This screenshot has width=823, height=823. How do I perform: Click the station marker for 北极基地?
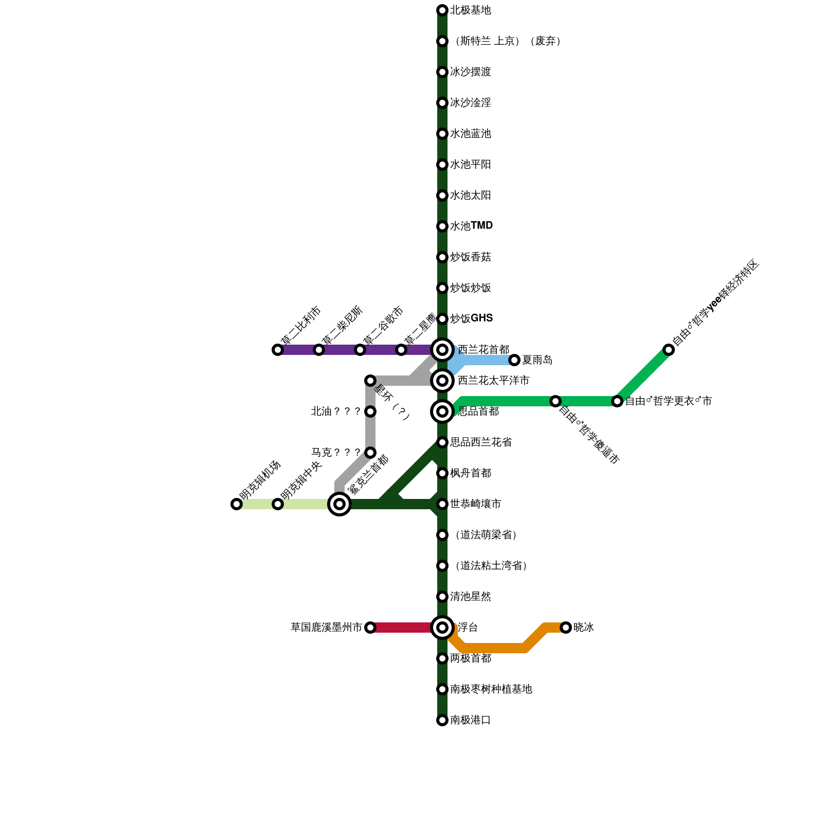click(442, 10)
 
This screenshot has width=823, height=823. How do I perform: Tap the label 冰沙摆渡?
click(470, 72)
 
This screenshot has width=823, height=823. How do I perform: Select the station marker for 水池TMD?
click(442, 226)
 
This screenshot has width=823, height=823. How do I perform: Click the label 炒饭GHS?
click(471, 318)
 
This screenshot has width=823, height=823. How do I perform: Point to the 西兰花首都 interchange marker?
click(442, 350)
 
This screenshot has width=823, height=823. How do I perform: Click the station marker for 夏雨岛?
click(514, 360)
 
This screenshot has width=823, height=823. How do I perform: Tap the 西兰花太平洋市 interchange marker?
click(442, 381)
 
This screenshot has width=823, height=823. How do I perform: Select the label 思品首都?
click(478, 411)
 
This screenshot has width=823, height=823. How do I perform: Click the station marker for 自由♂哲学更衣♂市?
click(617, 401)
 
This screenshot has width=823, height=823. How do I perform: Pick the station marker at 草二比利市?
click(278, 350)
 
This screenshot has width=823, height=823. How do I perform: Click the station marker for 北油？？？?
click(370, 411)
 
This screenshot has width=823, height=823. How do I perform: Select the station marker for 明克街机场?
click(237, 504)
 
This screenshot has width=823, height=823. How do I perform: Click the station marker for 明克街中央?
click(278, 504)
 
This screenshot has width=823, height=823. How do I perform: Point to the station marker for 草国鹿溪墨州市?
click(370, 628)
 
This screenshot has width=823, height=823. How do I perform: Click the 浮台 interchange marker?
click(442, 628)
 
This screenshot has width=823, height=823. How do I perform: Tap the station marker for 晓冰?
click(566, 628)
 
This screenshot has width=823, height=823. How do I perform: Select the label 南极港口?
click(470, 720)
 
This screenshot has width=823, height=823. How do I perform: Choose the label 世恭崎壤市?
click(475, 504)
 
